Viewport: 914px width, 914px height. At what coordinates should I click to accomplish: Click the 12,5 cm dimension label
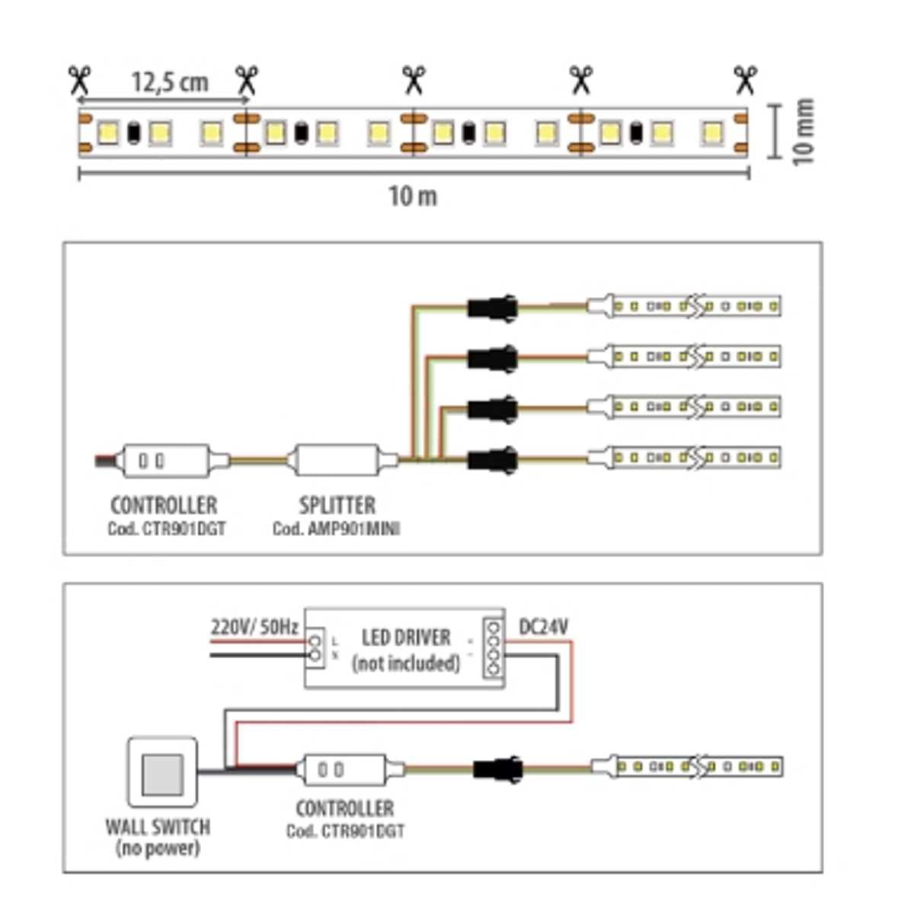[169, 81]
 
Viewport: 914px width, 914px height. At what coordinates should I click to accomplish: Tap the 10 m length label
[413, 197]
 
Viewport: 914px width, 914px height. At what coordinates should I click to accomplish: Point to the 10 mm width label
[804, 132]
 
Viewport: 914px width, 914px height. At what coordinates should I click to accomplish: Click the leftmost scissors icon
[79, 79]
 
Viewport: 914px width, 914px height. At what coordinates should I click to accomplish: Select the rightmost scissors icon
[745, 79]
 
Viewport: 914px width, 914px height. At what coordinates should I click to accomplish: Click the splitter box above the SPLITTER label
[337, 460]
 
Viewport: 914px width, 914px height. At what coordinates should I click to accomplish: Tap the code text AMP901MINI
[337, 529]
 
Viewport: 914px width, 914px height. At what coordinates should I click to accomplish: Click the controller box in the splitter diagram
[165, 461]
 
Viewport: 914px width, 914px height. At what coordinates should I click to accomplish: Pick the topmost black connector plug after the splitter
[492, 308]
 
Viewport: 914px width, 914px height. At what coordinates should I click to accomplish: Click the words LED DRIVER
[405, 638]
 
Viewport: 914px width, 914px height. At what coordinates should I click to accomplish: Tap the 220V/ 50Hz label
[254, 628]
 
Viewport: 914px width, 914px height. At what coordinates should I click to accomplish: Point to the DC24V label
[543, 627]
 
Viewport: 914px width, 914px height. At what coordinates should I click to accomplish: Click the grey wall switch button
[163, 774]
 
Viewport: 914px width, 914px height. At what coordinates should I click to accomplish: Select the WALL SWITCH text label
[158, 827]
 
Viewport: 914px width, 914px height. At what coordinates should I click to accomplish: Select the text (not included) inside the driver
[405, 663]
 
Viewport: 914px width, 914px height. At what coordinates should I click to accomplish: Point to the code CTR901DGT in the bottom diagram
[345, 831]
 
